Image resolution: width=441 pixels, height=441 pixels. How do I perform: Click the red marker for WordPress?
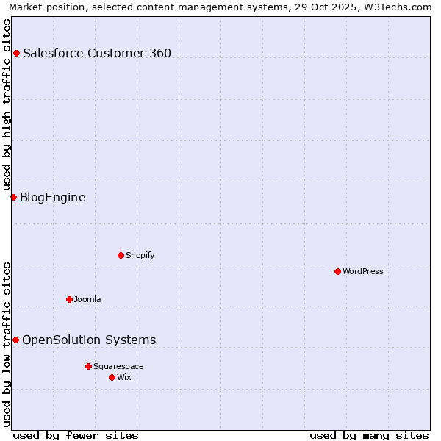coord(337,271)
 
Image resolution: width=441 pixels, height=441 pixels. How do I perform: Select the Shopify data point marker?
coord(121,255)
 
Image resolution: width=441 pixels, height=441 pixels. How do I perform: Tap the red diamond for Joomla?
coord(69,299)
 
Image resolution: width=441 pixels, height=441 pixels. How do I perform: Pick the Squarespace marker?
coord(88,366)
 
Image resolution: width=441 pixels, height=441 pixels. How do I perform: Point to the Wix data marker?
coord(112,377)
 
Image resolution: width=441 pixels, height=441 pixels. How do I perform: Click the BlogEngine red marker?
coord(13,197)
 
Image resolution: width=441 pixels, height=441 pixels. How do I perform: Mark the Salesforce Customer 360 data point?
coord(16,53)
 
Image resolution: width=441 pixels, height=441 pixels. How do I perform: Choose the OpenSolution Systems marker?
coord(15,340)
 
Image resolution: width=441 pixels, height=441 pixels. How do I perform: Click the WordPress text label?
coord(363,271)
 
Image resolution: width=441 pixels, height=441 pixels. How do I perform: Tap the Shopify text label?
coord(140,255)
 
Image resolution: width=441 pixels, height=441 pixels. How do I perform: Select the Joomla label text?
coord(87,299)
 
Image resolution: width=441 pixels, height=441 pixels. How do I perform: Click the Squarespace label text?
coord(118,366)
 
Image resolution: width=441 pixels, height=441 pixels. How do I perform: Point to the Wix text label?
coord(124,377)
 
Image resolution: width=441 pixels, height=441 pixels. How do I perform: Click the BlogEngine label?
coord(53,197)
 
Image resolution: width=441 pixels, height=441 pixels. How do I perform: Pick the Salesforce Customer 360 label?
coord(97,53)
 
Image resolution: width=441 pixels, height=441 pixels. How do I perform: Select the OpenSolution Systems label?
coord(89,340)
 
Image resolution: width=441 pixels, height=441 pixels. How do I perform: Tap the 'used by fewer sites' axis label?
coord(76,435)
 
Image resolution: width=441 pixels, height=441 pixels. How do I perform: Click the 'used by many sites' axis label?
coord(369,435)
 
